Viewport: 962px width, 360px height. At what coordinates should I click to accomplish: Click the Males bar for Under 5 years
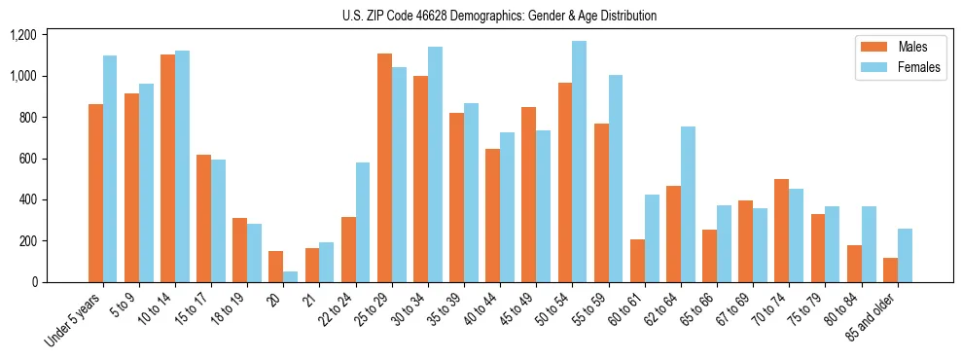click(95, 193)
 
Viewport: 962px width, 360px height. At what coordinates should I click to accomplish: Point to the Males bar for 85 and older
click(890, 270)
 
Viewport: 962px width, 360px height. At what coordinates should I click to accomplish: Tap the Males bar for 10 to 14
click(167, 168)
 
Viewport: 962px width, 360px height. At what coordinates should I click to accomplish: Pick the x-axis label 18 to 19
click(222, 311)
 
